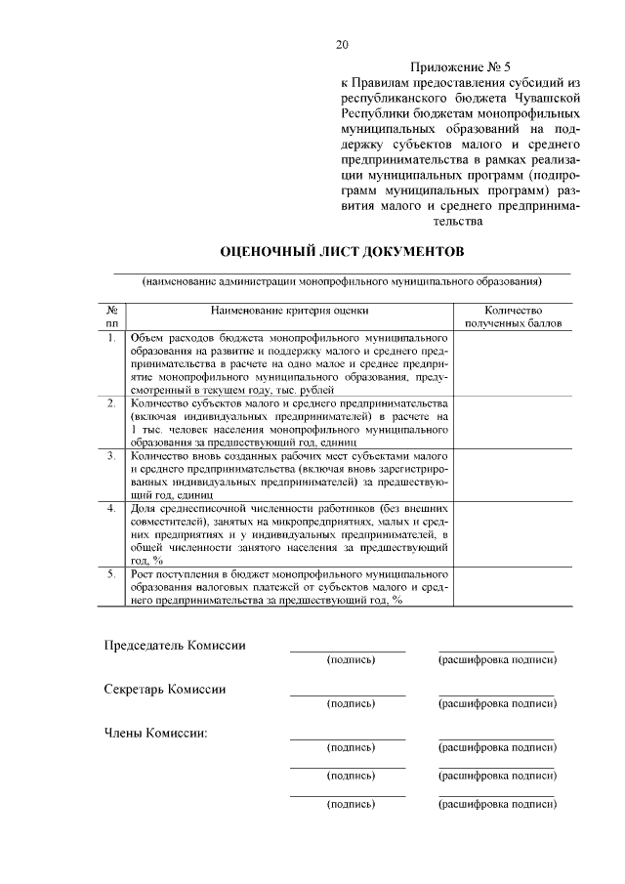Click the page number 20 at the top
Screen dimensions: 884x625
[x=341, y=44]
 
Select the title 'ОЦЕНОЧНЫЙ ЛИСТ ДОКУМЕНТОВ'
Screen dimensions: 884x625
[x=342, y=251]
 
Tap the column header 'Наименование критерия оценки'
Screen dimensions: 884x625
[x=290, y=310]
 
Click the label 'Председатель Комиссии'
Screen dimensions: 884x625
[x=175, y=645]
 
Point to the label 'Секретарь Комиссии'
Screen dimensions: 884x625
[x=165, y=689]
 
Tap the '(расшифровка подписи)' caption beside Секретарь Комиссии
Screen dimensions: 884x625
[x=497, y=703]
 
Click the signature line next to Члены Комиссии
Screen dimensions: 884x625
[x=348, y=738]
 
